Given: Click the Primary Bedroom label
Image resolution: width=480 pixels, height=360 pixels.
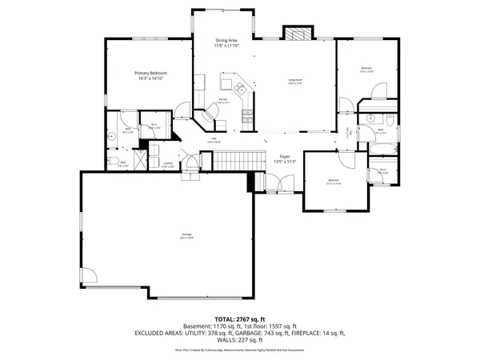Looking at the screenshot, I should tap(150, 73).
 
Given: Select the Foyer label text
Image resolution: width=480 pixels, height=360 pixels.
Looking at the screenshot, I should tap(284, 156).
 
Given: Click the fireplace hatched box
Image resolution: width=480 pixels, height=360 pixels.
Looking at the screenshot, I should tap(296, 34).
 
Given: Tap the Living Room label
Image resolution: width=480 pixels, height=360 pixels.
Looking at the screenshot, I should tap(295, 80).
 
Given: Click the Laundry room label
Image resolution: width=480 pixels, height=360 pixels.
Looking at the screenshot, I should tap(168, 163).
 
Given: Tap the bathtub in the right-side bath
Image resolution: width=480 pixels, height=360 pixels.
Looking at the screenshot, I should tap(382, 147).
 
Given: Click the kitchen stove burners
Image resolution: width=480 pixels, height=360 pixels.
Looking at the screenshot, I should tap(249, 113).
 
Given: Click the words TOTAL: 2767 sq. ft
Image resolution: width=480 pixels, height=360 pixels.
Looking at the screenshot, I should tap(240, 318).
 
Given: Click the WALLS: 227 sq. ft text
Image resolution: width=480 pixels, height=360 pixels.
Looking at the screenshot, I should tap(240, 340).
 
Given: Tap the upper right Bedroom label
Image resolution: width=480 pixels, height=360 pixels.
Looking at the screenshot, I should tap(366, 68).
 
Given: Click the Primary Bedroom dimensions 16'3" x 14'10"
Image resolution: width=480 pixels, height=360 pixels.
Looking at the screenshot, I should tap(150, 78).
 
